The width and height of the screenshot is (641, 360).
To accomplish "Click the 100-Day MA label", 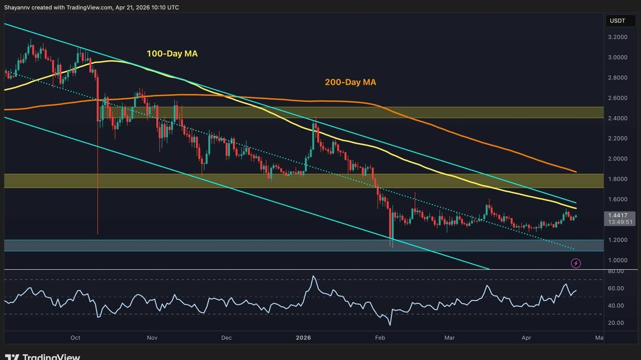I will [x=172, y=54].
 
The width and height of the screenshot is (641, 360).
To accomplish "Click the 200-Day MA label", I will [x=350, y=82].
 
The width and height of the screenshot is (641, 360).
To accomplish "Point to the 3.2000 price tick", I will [x=618, y=37].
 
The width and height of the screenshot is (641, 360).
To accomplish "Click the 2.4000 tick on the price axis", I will [x=618, y=118].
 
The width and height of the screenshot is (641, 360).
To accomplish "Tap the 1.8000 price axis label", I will [x=618, y=179].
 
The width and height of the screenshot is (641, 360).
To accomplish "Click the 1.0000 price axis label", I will [x=618, y=260].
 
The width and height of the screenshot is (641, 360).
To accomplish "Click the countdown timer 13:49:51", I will [x=619, y=222].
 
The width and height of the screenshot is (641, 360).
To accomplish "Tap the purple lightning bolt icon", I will [x=576, y=263].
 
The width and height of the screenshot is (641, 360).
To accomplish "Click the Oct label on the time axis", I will [x=75, y=338].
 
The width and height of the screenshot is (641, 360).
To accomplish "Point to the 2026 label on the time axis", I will [x=304, y=338].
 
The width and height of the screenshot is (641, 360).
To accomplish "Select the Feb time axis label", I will [x=380, y=338].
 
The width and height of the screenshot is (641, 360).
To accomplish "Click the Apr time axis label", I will [x=526, y=338].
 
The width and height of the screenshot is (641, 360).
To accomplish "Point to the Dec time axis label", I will [x=226, y=338].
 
